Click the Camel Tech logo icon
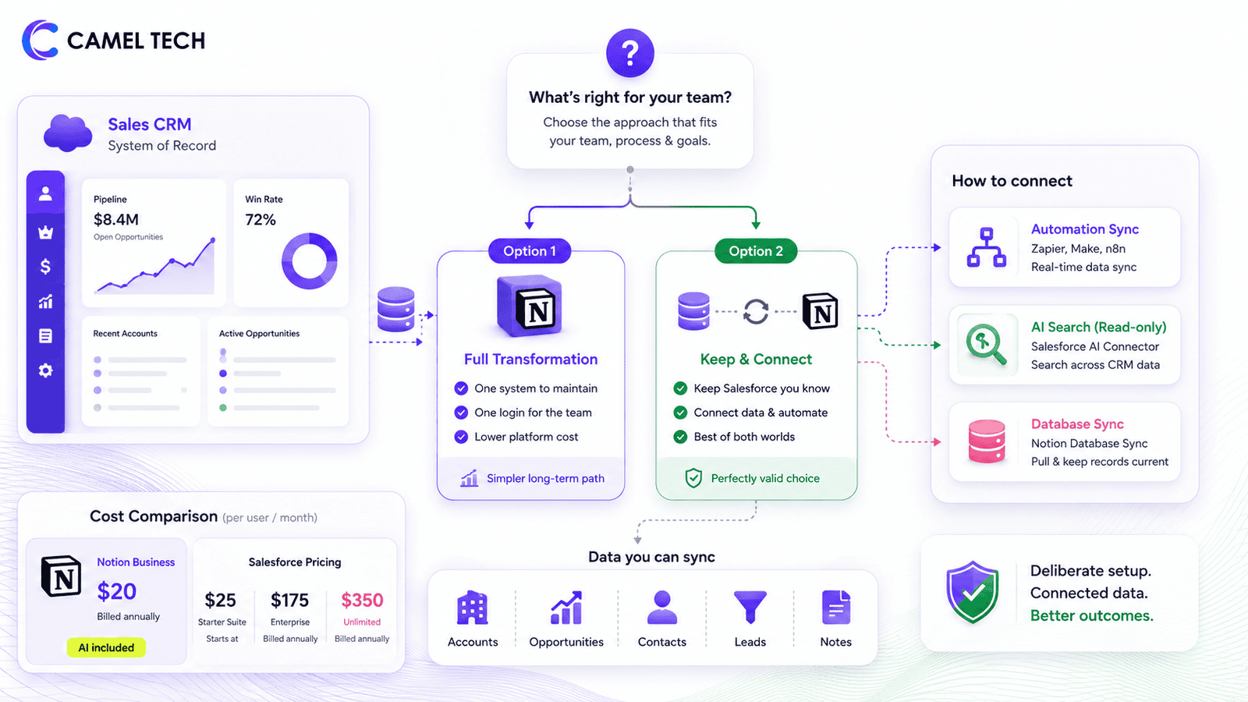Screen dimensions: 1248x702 40,40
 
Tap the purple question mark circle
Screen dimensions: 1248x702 629,53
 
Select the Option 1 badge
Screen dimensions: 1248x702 530,250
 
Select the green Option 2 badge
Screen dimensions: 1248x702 756,250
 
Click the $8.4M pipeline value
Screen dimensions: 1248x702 116,219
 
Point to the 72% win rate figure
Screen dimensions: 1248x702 261,219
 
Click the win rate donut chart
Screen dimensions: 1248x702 309,261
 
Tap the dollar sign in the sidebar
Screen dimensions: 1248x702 45,266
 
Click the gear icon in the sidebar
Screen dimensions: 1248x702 45,370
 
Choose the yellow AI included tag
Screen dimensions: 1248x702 106,647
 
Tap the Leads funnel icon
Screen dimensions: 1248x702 750,607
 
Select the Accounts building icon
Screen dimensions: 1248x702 473,608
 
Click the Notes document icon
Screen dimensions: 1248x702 835,608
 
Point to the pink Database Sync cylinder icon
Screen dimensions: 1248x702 986,441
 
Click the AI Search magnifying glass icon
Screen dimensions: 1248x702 986,344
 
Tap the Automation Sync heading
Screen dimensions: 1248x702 1084,229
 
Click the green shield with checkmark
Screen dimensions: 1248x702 972,592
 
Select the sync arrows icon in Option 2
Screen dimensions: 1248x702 756,311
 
